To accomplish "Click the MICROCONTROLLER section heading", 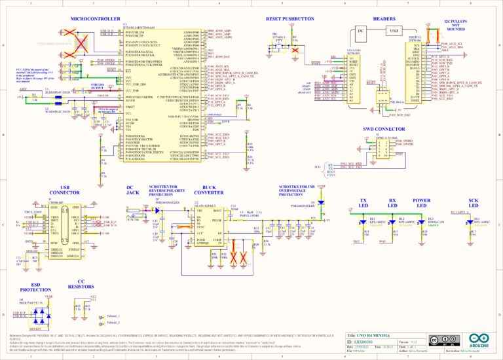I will pyautogui.click(x=94, y=20).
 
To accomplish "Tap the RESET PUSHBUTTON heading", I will pyautogui.click(x=290, y=20).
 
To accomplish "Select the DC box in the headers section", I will pyautogui.click(x=360, y=31).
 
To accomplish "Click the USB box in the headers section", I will pyautogui.click(x=394, y=31).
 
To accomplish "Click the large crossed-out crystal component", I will pyautogui.click(x=81, y=43).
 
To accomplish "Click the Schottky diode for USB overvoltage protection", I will pyautogui.click(x=320, y=204).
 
